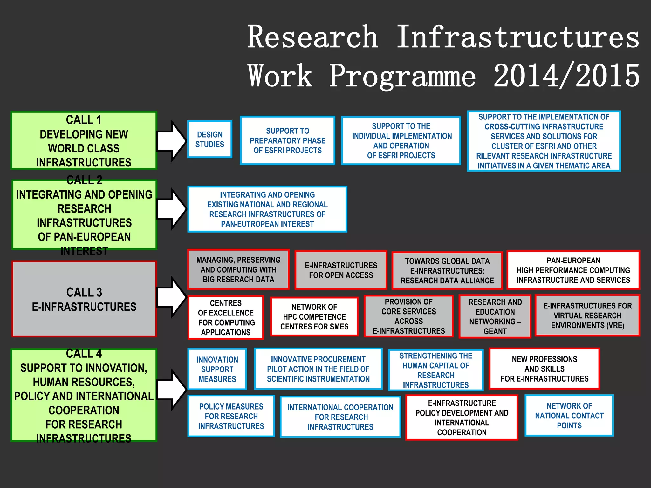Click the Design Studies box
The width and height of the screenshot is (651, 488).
(209, 139)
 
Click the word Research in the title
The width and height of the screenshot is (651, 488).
(313, 37)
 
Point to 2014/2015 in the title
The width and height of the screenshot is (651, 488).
(566, 76)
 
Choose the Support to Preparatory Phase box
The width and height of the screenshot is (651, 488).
(287, 140)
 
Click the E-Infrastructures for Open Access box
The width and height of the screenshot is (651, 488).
(341, 270)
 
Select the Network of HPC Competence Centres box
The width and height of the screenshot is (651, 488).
(314, 316)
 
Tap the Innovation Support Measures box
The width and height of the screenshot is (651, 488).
(217, 369)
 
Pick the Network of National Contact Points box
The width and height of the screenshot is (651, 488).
(569, 416)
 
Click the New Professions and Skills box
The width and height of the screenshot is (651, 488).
(544, 369)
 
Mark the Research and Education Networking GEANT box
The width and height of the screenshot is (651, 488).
(495, 316)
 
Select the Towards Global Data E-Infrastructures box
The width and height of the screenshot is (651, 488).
(447, 271)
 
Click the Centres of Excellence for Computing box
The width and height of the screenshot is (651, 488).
(226, 317)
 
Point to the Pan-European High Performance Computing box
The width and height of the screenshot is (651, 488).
(573, 270)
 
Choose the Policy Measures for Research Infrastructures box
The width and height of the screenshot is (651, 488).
(231, 416)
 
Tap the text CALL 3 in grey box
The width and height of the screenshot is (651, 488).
(84, 292)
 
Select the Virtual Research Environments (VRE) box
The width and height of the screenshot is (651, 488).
(587, 315)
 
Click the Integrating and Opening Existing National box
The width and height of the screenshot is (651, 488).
(267, 209)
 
